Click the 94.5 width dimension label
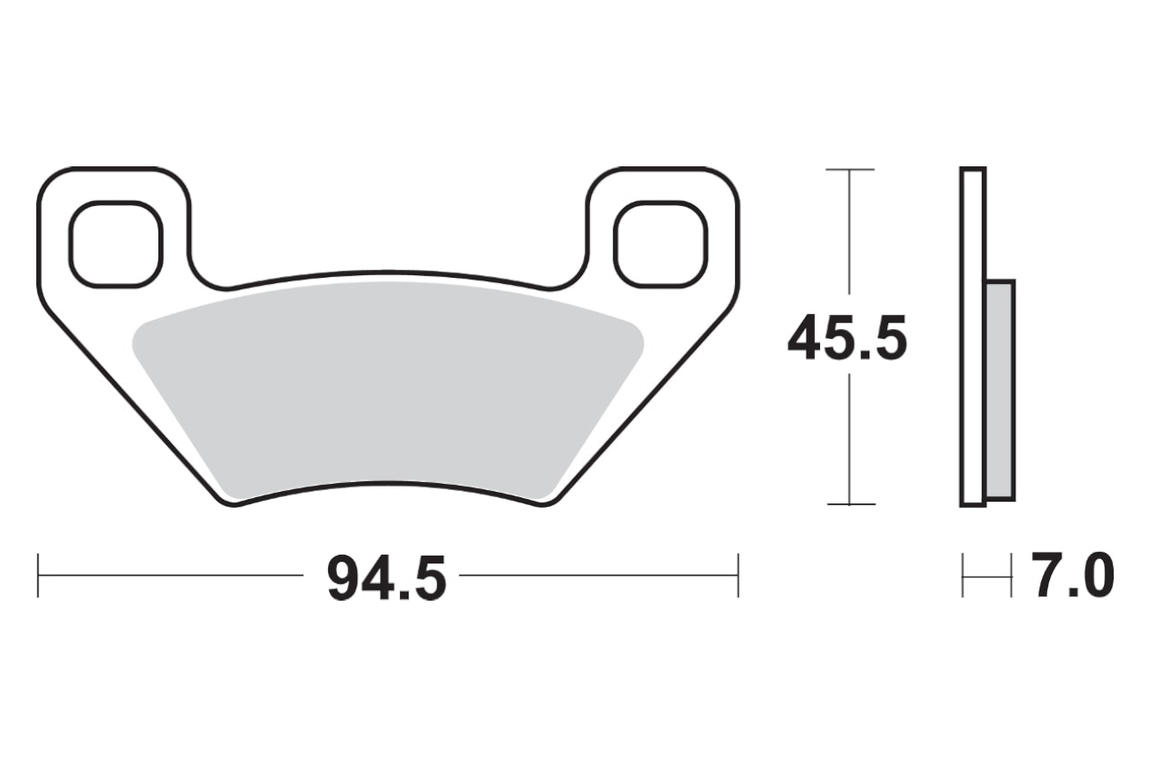387,577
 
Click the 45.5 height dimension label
847,337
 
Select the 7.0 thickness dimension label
1072,576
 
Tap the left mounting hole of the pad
117,244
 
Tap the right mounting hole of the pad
662,244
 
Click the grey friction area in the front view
387,390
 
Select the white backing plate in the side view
972,337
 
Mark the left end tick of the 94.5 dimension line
38,576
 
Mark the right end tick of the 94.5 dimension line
739,576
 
